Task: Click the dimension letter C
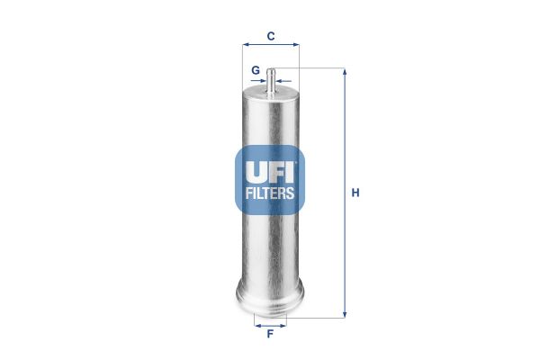click(x=270, y=37)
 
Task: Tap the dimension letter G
click(x=256, y=69)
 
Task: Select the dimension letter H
click(x=355, y=193)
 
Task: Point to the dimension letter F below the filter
click(x=270, y=335)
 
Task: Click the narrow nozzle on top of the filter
click(x=270, y=79)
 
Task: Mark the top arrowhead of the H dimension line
click(x=344, y=71)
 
